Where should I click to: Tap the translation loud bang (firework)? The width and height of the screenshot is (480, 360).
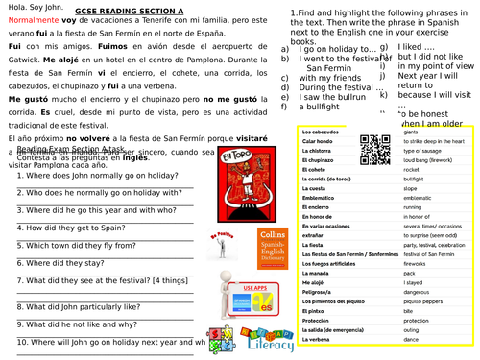(x=430, y=159)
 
